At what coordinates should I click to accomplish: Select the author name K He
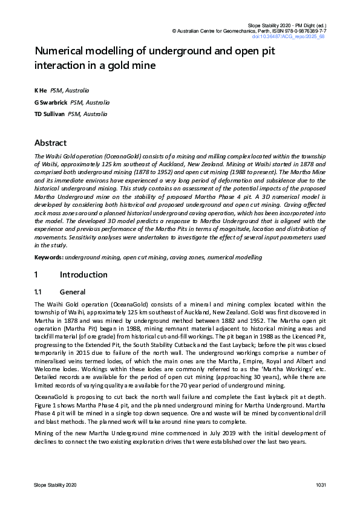41,90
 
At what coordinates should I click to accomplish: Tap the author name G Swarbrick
51,102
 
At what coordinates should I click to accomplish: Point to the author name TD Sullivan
49,114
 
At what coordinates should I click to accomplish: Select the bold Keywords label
48,258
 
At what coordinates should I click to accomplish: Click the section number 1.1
40,292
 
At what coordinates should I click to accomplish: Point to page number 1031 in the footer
320,486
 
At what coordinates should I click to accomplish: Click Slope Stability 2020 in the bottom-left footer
55,486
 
